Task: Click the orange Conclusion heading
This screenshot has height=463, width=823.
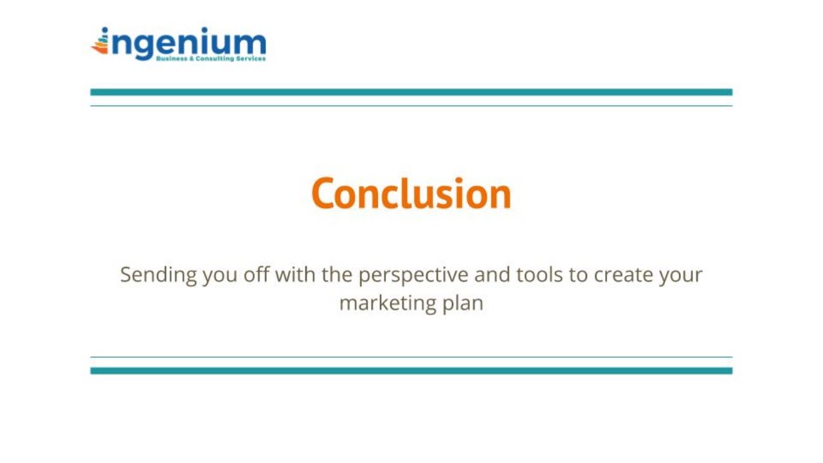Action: point(411,194)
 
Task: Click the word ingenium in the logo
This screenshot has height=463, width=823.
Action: point(186,43)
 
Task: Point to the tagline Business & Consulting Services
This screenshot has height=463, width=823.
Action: point(210,59)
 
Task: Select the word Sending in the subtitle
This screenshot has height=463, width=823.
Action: point(158,275)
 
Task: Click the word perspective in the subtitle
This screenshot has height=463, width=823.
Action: point(413,275)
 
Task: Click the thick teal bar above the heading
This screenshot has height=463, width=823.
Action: point(411,92)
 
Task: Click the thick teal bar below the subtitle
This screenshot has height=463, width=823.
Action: point(411,370)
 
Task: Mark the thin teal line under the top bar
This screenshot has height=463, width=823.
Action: point(411,105)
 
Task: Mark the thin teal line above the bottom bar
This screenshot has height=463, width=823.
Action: point(411,357)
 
